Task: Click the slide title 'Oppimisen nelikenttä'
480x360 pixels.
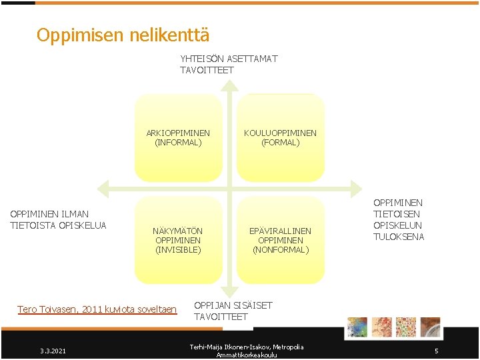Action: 123,35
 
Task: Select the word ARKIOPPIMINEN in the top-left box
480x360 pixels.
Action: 178,133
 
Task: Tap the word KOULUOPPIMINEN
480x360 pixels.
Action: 280,133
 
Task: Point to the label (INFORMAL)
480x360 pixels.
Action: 178,143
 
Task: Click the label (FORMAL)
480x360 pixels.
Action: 280,143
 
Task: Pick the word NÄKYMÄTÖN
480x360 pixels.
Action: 178,231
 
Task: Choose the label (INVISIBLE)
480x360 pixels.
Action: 178,250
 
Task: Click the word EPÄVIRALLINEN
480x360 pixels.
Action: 280,231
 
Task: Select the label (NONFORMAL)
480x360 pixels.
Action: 280,250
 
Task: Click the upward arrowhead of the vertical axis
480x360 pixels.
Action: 229,85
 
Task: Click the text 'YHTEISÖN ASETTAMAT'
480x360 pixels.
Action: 229,59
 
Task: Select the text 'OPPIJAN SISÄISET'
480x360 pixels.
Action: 233,305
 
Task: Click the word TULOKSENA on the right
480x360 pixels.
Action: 399,237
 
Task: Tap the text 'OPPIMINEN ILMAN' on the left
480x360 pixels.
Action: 49,214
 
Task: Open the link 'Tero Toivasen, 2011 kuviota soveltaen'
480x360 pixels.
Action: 97,309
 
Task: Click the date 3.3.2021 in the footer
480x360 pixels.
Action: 53,351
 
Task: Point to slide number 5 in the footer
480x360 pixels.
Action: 436,351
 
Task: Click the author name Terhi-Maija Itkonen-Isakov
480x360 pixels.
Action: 247,347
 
